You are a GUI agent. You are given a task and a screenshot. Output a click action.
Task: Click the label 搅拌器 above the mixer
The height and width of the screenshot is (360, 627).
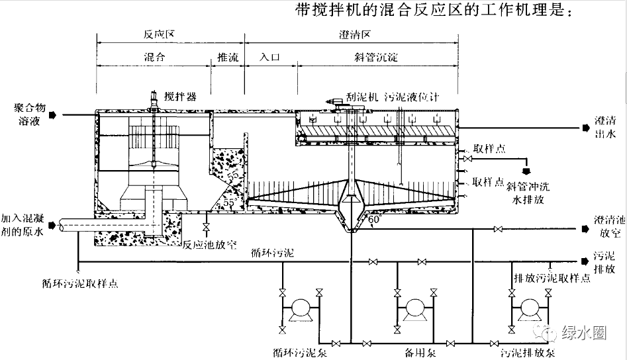(x=181, y=97)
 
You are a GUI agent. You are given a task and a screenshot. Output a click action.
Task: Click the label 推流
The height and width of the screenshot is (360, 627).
(x=227, y=58)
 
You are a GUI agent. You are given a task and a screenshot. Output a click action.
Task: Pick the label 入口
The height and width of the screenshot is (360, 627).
(x=271, y=58)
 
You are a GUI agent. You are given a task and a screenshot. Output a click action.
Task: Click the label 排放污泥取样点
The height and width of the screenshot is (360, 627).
(x=552, y=278)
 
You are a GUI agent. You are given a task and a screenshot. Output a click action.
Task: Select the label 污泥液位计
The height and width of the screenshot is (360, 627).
(x=420, y=97)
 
